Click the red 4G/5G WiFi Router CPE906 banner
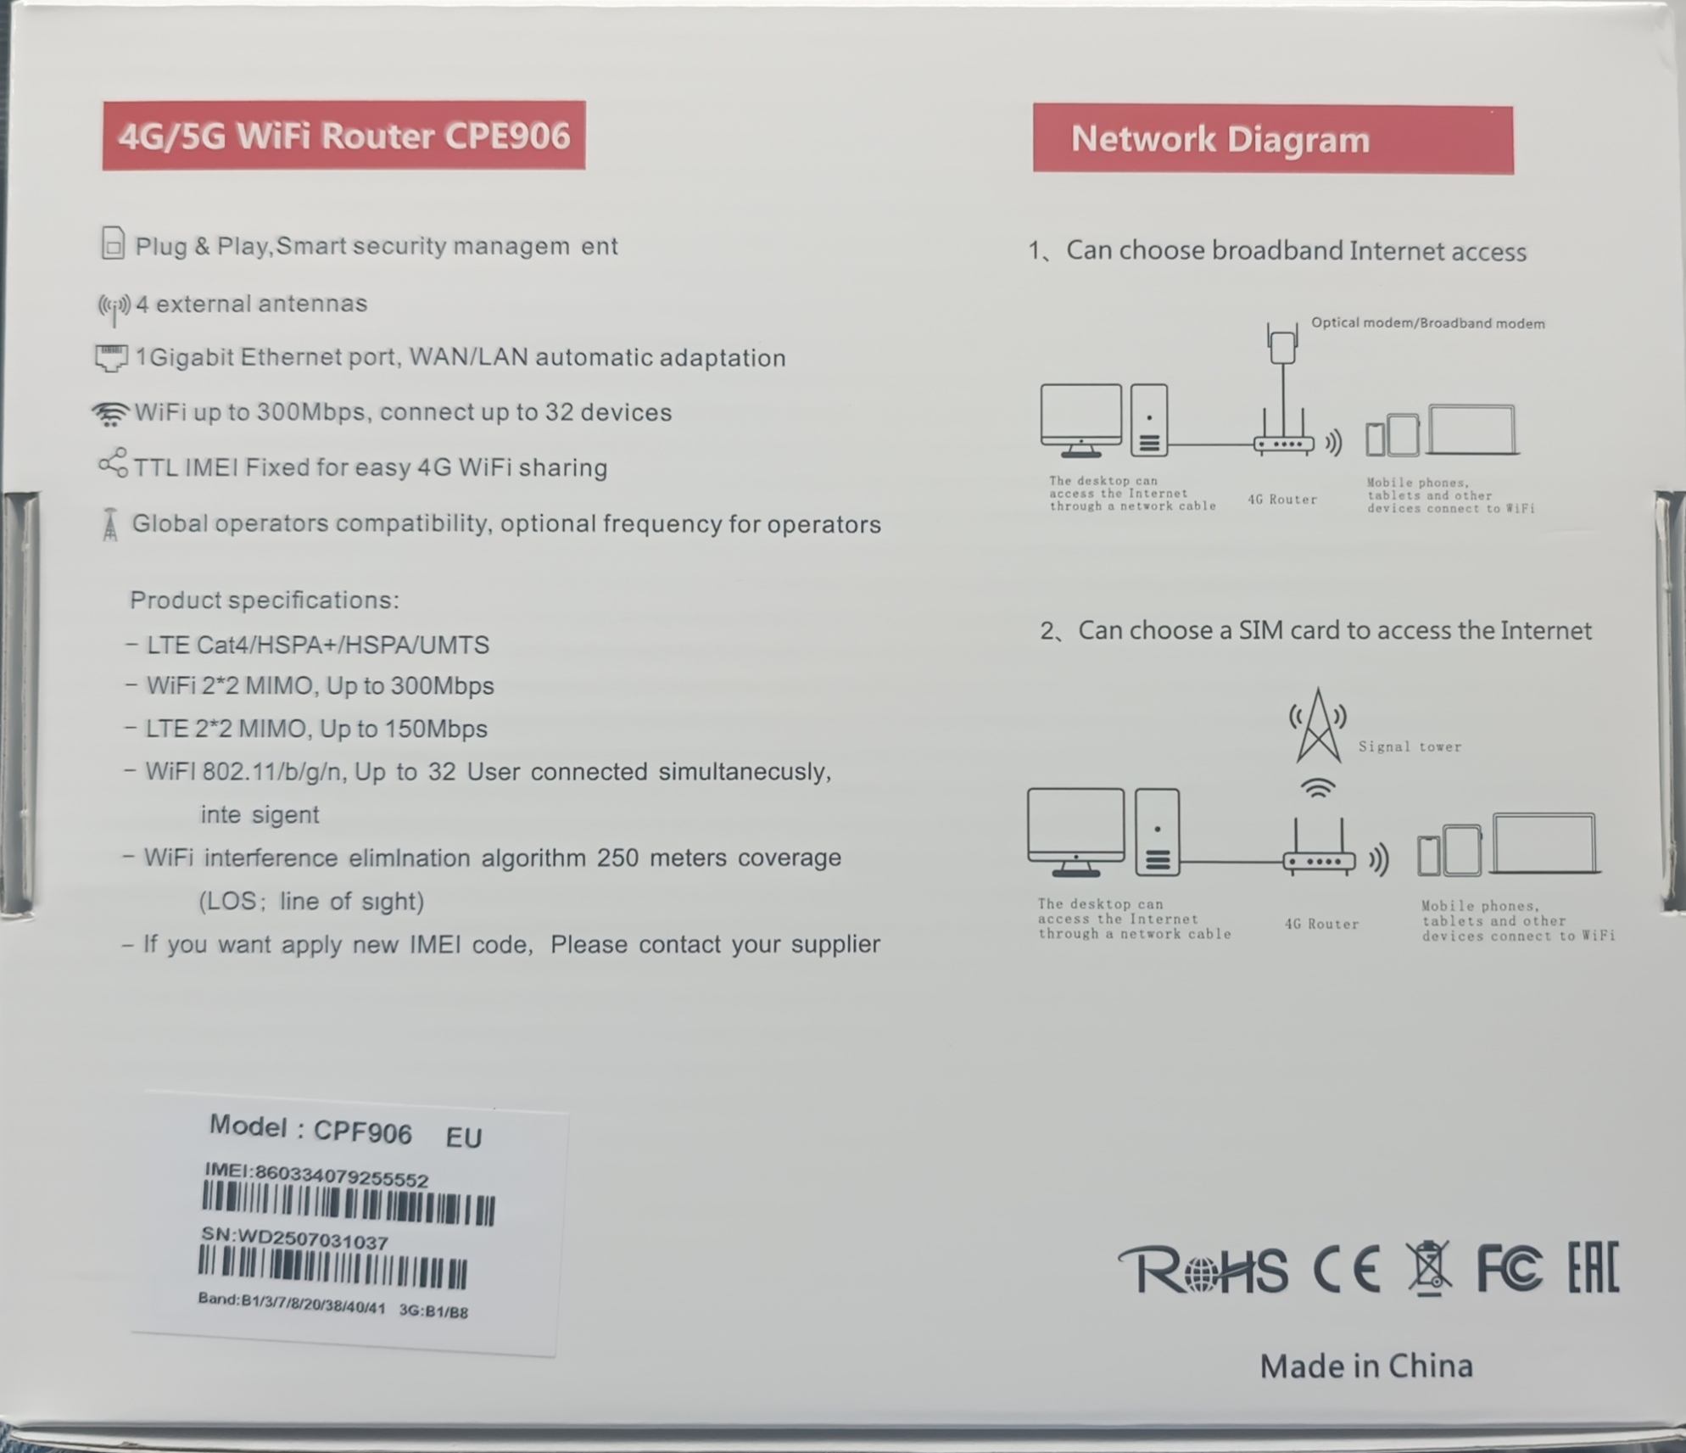click(x=343, y=136)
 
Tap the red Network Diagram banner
click(x=1273, y=139)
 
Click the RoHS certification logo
click(x=1203, y=1270)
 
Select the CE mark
click(x=1346, y=1270)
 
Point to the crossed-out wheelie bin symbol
click(x=1429, y=1267)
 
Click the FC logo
click(x=1509, y=1269)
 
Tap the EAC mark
click(x=1593, y=1266)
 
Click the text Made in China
click(x=1366, y=1366)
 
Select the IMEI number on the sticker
click(x=342, y=1175)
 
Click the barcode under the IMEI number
click(x=349, y=1204)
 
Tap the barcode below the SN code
click(x=332, y=1268)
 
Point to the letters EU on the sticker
click(x=464, y=1137)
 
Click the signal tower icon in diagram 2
click(x=1318, y=725)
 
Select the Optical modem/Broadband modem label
click(x=1428, y=323)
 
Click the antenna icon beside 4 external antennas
click(x=114, y=308)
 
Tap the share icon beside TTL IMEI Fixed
click(x=113, y=463)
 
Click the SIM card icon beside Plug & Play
click(x=113, y=243)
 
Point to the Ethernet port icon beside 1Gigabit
click(x=111, y=358)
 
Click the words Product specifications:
click(x=264, y=601)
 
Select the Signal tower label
click(x=1410, y=746)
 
